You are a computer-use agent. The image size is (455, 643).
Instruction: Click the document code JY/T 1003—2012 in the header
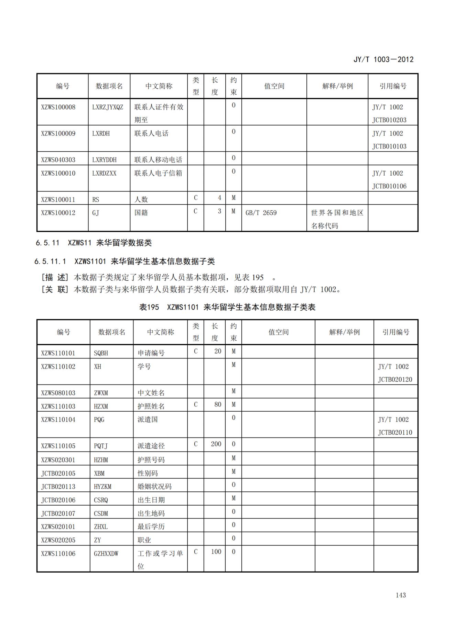383,59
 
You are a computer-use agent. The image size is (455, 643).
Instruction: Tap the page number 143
401,595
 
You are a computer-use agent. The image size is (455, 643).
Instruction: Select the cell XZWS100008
58,107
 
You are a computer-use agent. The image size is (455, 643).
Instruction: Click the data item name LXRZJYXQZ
107,107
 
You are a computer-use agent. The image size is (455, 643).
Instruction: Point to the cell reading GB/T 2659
261,213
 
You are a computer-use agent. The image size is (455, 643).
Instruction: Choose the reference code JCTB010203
389,120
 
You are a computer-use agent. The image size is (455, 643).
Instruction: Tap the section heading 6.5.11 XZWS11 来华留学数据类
94,243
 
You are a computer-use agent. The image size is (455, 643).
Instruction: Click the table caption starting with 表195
227,307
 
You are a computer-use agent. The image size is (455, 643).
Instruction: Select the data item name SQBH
101,353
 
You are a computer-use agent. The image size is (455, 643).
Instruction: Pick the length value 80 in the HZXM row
218,404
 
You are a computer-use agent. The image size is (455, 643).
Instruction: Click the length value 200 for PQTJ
216,444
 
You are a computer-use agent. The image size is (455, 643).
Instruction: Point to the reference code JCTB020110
395,432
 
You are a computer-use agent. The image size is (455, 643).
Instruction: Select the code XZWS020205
58,540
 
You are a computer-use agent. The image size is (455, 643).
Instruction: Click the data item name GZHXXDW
106,554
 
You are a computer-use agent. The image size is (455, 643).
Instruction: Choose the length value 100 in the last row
216,552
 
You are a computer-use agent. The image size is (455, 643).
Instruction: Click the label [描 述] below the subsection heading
55,278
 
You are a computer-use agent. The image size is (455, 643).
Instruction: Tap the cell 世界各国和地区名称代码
337,219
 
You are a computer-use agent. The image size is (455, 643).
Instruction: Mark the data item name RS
96,200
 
